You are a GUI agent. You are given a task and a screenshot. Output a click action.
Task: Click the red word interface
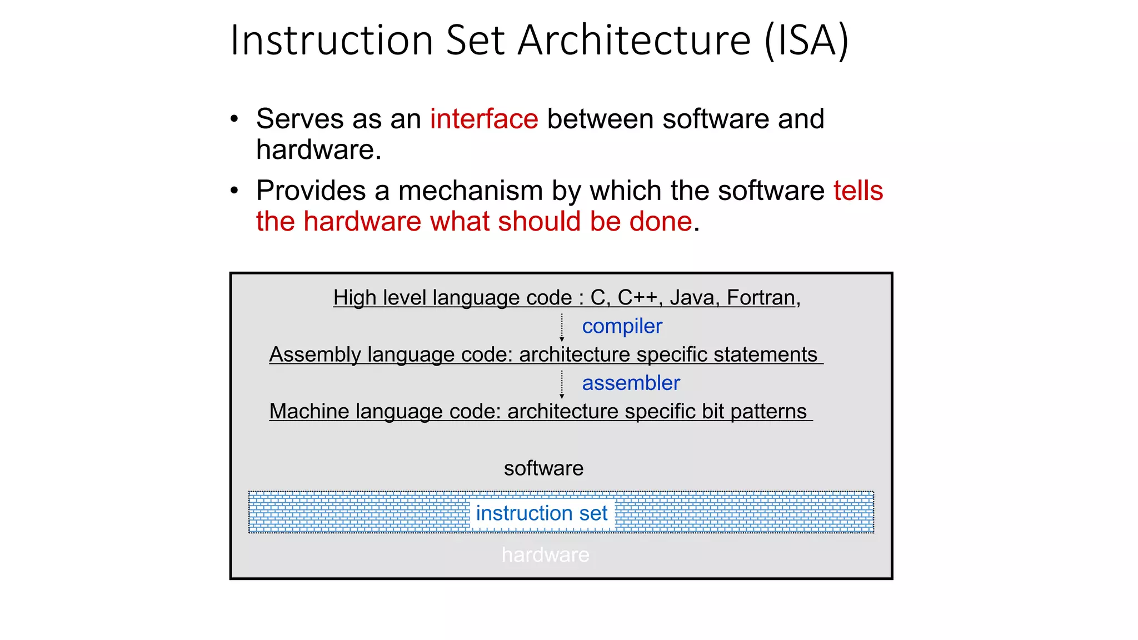[x=483, y=119]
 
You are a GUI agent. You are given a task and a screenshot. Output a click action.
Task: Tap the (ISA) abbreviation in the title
[x=806, y=41]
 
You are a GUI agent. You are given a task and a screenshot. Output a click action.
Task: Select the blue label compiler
[x=622, y=326]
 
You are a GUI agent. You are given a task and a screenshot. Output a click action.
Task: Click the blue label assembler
[x=631, y=383]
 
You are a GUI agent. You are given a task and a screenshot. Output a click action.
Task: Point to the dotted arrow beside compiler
[x=562, y=327]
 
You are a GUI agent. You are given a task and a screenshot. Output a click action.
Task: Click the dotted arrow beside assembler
[x=562, y=384]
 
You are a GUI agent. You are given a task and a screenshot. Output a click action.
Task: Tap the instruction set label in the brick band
[x=542, y=513]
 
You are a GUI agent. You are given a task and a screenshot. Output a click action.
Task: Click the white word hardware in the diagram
[x=545, y=554]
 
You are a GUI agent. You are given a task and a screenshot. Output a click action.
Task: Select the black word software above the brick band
[x=543, y=468]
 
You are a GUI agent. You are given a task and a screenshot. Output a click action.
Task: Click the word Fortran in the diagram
[x=761, y=298]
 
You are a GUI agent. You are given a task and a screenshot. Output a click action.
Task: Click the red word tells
[x=858, y=191]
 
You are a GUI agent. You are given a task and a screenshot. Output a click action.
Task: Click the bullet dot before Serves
[x=234, y=119]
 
